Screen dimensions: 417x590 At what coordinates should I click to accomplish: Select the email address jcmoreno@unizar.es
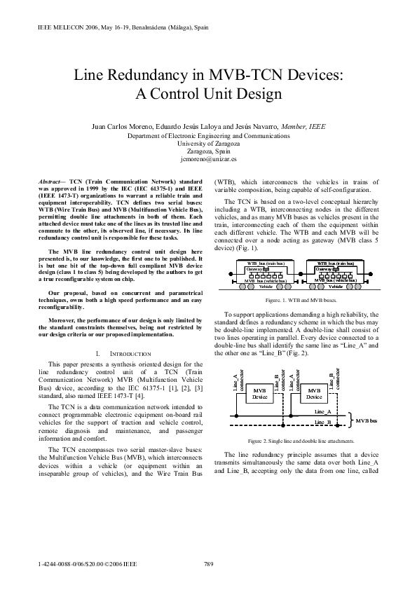coord(208,159)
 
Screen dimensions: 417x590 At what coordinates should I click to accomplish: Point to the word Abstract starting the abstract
coord(51,181)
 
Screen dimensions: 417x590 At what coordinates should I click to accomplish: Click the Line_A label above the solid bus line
coord(323,411)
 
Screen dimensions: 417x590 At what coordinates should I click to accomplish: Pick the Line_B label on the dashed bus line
coord(323,423)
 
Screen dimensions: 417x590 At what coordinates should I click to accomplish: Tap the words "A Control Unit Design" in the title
coord(208,94)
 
